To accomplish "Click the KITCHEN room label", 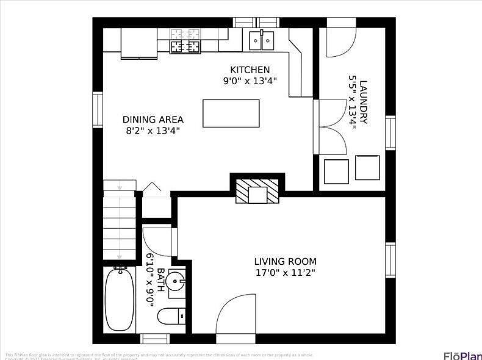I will [x=250, y=70].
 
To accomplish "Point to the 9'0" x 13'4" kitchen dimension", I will [x=250, y=81].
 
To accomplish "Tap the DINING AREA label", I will [x=153, y=120].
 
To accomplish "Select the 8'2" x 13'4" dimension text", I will [x=153, y=131].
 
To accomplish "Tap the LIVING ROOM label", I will [x=285, y=261].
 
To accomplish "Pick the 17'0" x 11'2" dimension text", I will [x=285, y=273].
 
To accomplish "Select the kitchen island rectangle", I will [x=231, y=113].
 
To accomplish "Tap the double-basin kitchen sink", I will [x=262, y=41].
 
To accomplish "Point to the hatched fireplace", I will [x=257, y=190].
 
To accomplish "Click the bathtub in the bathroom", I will [x=120, y=299].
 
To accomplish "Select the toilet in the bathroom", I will [x=171, y=316].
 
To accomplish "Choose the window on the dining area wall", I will [x=98, y=110].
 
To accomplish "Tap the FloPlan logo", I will [x=462, y=355].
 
